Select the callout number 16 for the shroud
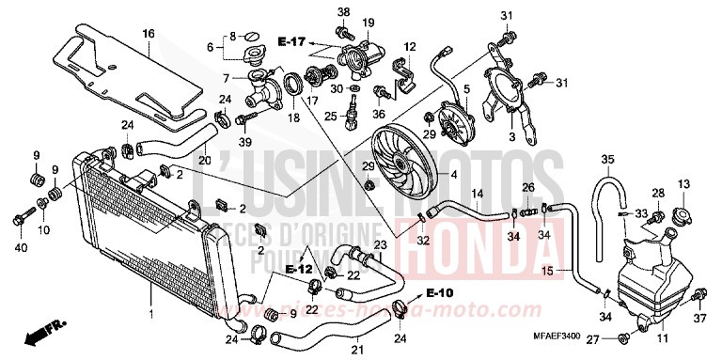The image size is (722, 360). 148,34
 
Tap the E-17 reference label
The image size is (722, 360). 291,42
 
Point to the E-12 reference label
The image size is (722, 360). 299,270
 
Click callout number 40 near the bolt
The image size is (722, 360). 20,247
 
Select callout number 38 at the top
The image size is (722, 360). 343,11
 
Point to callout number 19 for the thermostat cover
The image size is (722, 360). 368,23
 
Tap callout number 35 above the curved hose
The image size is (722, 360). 608,158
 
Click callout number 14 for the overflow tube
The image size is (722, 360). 478,195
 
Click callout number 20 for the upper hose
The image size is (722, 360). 203,159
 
